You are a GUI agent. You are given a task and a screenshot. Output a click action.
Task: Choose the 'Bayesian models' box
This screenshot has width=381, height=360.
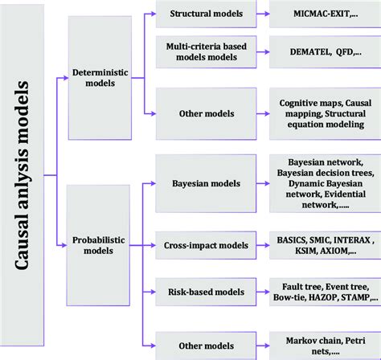coord(210,182)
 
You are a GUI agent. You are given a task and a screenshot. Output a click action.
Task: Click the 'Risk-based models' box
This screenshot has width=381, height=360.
coord(210,291)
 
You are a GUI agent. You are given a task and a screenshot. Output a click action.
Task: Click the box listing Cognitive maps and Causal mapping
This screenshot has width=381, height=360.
coord(321,113)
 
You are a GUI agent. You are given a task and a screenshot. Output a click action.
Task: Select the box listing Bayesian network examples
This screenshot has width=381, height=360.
coord(321,182)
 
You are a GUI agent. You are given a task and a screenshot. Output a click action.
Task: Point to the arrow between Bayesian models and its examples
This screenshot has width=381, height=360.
coord(263,182)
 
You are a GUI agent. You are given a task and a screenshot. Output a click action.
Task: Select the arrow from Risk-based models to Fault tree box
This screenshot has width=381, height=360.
coord(263,291)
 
